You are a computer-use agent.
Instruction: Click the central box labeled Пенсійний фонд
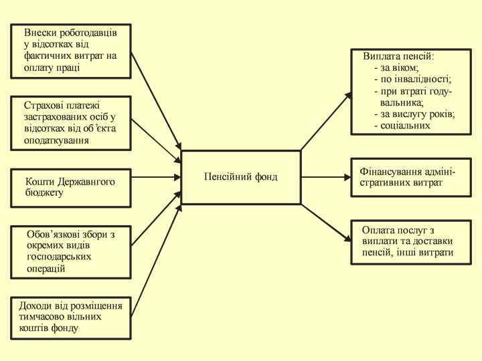[x=240, y=177]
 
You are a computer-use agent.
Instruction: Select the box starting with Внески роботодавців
[x=70, y=51]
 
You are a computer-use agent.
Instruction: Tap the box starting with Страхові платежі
[x=70, y=122]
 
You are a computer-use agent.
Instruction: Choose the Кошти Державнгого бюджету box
[x=70, y=187]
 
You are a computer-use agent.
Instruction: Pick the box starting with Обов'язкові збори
[x=70, y=251]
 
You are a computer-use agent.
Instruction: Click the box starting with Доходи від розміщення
[x=70, y=317]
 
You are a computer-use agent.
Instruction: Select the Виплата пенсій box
[x=412, y=91]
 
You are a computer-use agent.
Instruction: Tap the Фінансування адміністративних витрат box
[x=412, y=177]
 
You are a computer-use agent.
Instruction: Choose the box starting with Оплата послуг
[x=412, y=242]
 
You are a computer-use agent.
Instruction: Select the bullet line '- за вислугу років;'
[x=415, y=114]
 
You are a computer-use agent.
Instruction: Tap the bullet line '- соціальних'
[x=402, y=125]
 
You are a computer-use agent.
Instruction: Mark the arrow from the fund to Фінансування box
[x=325, y=177]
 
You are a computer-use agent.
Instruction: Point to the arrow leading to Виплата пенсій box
[x=326, y=120]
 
